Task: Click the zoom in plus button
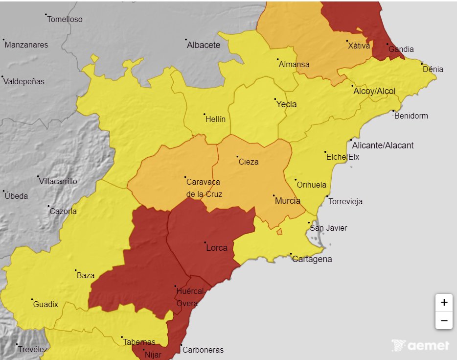pyautogui.click(x=444, y=303)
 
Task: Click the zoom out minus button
pyautogui.click(x=444, y=321)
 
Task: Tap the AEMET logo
pyautogui.click(x=420, y=345)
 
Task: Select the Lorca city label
pyautogui.click(x=217, y=248)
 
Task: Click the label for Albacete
pyautogui.click(x=204, y=45)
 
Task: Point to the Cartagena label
pyautogui.click(x=312, y=259)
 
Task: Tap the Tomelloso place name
pyautogui.click(x=65, y=20)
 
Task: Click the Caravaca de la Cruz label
pyautogui.click(x=204, y=188)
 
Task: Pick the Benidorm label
pyautogui.click(x=411, y=116)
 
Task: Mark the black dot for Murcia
pyautogui.click(x=274, y=195)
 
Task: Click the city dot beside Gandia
pyautogui.click(x=388, y=44)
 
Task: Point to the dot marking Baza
pyautogui.click(x=76, y=270)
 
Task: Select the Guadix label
pyautogui.click(x=46, y=305)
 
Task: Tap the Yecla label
pyautogui.click(x=286, y=104)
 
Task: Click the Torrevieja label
pyautogui.click(x=345, y=202)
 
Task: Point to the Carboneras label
pyautogui.click(x=203, y=350)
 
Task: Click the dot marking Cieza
pyautogui.click(x=238, y=157)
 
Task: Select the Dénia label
pyautogui.click(x=433, y=69)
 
